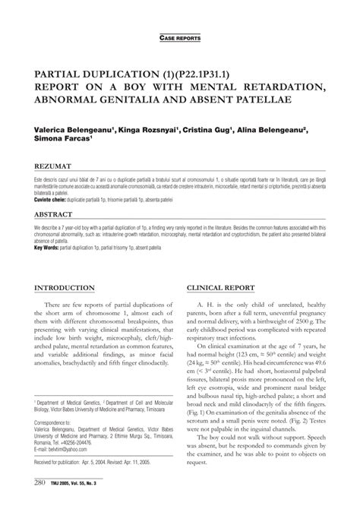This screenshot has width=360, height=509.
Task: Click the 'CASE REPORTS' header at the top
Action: pos(180,36)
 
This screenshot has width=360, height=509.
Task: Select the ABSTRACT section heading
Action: pos(54,215)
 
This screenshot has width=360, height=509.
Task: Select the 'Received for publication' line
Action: pos(99,462)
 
